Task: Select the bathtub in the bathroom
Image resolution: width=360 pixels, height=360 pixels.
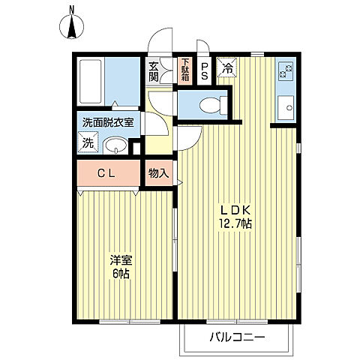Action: click(91, 82)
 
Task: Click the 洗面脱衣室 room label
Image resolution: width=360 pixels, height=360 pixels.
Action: click(108, 122)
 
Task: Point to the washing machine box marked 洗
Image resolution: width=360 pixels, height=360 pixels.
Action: click(88, 142)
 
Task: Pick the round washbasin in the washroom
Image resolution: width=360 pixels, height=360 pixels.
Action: click(115, 145)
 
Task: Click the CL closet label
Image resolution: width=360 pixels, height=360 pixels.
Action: click(106, 173)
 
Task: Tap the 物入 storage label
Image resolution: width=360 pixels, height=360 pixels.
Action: click(159, 173)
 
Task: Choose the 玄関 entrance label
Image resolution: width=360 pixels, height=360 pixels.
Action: click(154, 71)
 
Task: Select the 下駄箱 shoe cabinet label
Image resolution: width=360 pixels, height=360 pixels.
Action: click(185, 70)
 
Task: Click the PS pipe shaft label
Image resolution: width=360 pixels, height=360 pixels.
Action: click(204, 71)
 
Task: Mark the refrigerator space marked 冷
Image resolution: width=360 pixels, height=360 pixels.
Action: click(227, 67)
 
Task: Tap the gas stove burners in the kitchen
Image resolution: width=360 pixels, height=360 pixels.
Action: click(285, 70)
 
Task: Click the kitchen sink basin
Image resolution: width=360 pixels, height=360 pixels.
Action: click(286, 108)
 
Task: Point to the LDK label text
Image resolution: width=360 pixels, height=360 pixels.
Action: click(235, 211)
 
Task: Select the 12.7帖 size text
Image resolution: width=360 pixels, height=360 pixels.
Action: click(235, 223)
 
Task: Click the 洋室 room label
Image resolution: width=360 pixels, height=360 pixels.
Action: click(121, 260)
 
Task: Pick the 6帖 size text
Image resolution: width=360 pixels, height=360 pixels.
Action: click(121, 274)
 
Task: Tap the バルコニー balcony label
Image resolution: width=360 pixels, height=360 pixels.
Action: click(237, 337)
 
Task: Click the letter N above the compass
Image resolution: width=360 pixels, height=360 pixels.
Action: click(72, 10)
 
